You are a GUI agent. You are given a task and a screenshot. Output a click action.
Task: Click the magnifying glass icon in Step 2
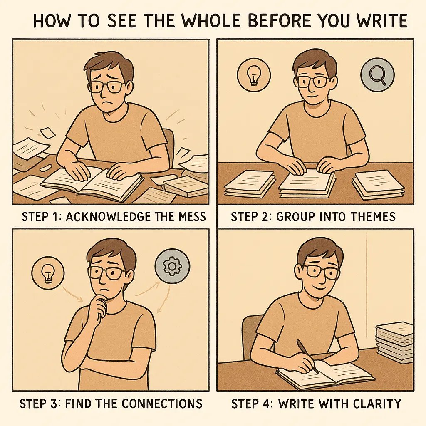377,75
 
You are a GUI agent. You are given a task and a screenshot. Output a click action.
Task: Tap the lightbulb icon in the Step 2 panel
253,75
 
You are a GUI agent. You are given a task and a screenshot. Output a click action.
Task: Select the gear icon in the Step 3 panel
172,266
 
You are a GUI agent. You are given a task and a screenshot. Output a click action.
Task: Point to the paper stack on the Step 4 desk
394,341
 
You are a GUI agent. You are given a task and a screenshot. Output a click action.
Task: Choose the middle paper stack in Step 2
307,183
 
